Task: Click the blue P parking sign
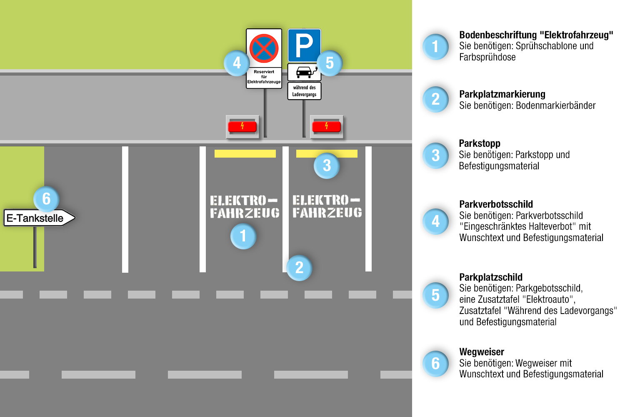[x=304, y=45]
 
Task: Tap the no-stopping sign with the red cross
[x=264, y=48]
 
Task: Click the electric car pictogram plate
[x=304, y=72]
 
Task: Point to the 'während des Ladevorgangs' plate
[x=304, y=91]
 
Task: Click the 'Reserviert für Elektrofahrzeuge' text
[x=264, y=77]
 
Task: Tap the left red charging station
[x=242, y=126]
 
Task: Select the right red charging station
[x=326, y=126]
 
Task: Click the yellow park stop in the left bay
[x=245, y=153]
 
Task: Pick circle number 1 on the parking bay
[x=243, y=236]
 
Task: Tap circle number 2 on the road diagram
[x=299, y=268]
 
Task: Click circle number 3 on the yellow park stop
[x=327, y=166]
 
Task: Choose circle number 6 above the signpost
[x=46, y=199]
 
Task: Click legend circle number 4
[x=435, y=221]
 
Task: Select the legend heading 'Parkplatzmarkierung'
[x=502, y=94]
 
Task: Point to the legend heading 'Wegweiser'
[x=482, y=352]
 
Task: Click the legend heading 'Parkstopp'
[x=480, y=143]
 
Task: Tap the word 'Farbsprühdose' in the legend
[x=487, y=57]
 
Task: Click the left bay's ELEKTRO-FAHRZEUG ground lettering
[x=244, y=207]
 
